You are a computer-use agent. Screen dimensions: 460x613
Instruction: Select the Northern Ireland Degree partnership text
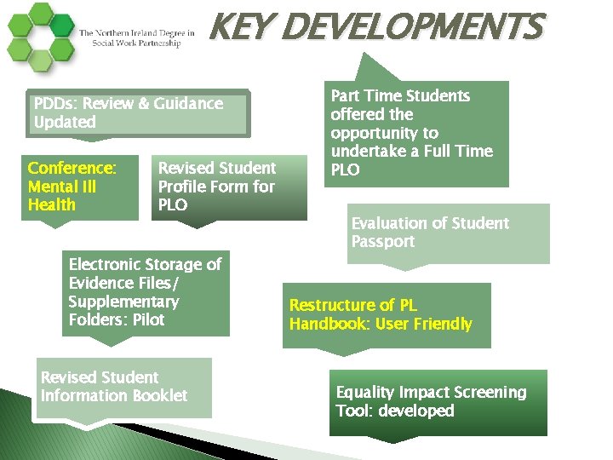pyautogui.click(x=136, y=38)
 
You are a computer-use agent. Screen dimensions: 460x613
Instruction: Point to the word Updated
pyautogui.click(x=65, y=123)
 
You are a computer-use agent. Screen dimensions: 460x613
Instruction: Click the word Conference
pyautogui.click(x=72, y=168)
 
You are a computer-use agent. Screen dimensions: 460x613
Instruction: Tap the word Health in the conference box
pyautogui.click(x=51, y=205)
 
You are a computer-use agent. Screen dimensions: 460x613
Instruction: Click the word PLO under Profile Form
pyautogui.click(x=173, y=205)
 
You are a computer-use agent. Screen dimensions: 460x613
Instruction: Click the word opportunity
pyautogui.click(x=384, y=133)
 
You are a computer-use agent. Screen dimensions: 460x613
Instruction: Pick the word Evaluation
pyautogui.click(x=390, y=223)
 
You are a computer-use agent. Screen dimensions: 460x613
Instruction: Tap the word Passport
pyautogui.click(x=382, y=242)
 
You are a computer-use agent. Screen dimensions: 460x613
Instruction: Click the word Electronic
pyautogui.click(x=107, y=265)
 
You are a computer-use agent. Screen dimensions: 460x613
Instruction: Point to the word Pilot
pyautogui.click(x=148, y=320)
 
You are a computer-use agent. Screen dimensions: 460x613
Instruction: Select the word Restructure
pyautogui.click(x=331, y=305)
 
